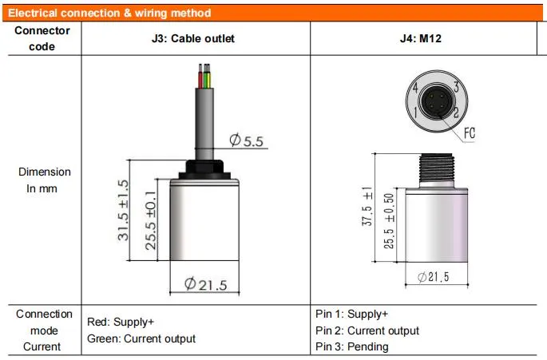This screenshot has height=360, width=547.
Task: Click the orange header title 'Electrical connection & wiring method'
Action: coord(109,14)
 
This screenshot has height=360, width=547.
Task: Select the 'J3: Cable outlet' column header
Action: coord(193,38)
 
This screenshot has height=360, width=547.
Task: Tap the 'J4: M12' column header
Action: coord(421,38)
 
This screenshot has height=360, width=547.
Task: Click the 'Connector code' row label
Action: coord(42,38)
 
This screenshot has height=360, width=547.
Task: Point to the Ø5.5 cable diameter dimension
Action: coord(247,140)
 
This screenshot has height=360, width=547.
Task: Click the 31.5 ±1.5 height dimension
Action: coord(123,210)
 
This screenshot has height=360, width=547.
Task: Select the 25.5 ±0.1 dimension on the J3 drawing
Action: coord(151,220)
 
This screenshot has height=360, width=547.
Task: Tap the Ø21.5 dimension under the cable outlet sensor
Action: coord(205,284)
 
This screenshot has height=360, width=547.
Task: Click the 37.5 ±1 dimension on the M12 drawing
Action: coord(367,207)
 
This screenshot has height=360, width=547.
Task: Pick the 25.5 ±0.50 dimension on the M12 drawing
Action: coord(389,221)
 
